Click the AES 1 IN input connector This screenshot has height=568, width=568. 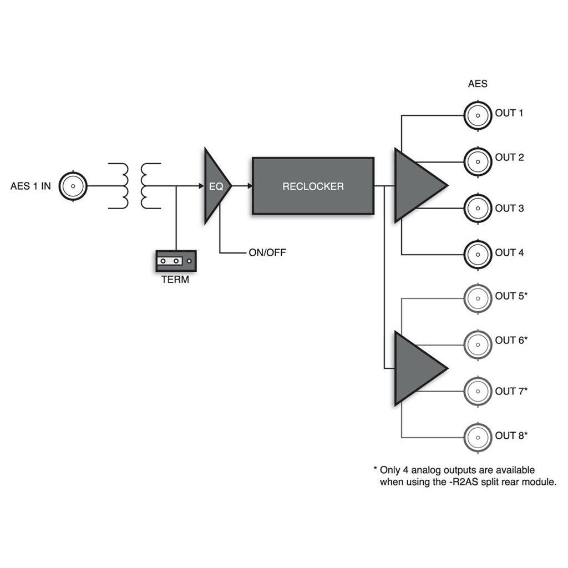73,186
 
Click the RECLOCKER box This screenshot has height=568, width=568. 313,186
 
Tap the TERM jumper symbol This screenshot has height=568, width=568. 175,260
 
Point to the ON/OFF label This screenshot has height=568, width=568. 267,253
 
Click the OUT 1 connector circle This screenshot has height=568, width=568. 477,115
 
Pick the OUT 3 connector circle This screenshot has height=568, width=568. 477,209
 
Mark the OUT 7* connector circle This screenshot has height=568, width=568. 477,392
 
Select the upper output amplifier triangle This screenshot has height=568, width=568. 416,185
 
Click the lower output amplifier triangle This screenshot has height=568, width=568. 416,368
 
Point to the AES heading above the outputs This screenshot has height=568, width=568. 478,84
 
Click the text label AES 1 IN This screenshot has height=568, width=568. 31,187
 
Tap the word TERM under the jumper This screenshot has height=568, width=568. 175,280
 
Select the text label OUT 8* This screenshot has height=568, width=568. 511,436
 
